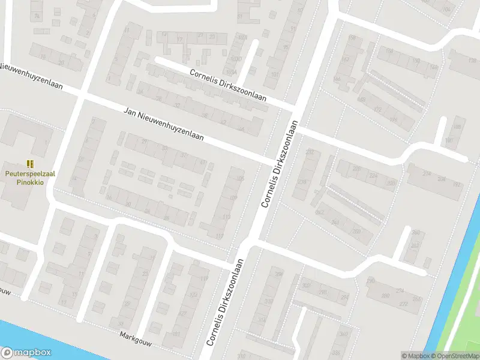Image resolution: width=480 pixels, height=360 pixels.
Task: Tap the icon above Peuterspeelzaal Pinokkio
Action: (x=29, y=163)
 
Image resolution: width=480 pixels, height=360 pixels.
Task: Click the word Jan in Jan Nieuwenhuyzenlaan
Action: (x=130, y=112)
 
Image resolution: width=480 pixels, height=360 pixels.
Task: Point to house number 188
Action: (x=458, y=127)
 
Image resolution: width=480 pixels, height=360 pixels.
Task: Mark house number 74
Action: (x=38, y=16)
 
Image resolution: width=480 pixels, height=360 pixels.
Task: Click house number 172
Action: (x=377, y=109)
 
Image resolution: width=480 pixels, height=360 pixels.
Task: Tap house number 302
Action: (x=306, y=286)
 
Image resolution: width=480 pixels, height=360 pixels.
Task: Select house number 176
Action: (x=393, y=120)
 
